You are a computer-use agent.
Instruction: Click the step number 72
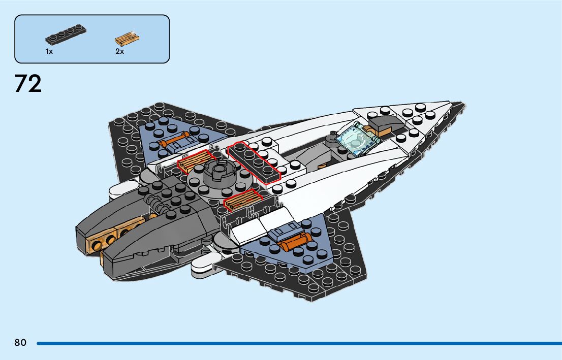28,84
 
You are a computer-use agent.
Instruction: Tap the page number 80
20,343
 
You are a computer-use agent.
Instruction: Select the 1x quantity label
49,51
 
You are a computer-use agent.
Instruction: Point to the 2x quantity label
119,51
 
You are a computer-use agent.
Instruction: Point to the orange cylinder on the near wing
292,244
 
